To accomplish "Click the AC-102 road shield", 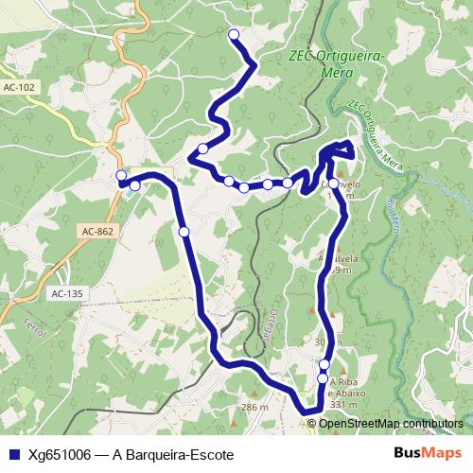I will (x=19, y=87).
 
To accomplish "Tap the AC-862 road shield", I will (x=96, y=231).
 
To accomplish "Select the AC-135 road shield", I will (x=68, y=293).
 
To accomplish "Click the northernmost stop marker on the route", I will (x=234, y=35).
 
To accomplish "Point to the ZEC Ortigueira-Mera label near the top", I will (x=336, y=63).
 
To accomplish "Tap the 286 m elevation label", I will (x=255, y=407).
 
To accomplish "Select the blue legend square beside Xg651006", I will (x=12, y=454).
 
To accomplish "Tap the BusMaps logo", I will (x=427, y=453).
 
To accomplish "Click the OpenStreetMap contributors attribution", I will (x=391, y=423).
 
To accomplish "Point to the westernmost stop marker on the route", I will (x=121, y=176).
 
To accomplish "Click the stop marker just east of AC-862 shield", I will (x=184, y=231).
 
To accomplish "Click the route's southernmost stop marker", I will (x=323, y=378).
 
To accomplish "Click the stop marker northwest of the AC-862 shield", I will (x=134, y=186).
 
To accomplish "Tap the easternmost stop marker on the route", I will (x=333, y=184).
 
